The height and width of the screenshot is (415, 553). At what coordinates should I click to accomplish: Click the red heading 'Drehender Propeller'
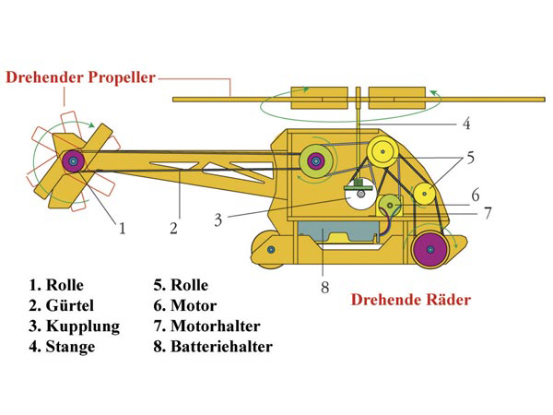81,77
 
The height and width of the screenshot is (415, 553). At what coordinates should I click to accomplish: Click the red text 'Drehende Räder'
411,300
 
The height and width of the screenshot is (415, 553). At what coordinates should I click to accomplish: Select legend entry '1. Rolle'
56,284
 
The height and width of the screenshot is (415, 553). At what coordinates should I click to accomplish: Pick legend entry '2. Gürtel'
61,305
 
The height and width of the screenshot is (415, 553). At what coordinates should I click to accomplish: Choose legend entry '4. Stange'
61,348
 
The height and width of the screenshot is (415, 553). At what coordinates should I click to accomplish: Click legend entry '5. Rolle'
181,284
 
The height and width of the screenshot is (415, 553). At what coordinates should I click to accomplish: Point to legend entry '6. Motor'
185,305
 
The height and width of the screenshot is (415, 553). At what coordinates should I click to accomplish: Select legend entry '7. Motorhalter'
206,326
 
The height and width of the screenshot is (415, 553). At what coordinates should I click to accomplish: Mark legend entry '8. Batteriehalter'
213,348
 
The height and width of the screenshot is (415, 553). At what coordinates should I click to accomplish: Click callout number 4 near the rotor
466,123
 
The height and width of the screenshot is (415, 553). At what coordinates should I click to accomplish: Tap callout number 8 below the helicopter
324,286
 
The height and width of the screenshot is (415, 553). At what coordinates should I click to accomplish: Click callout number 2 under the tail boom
173,228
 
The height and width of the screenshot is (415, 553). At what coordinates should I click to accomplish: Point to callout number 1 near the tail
121,228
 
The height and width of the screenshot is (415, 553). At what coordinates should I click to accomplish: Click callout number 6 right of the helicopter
475,195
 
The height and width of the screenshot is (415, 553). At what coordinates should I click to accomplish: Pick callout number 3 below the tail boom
218,219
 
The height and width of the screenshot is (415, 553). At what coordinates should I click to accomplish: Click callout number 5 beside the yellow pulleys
470,158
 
